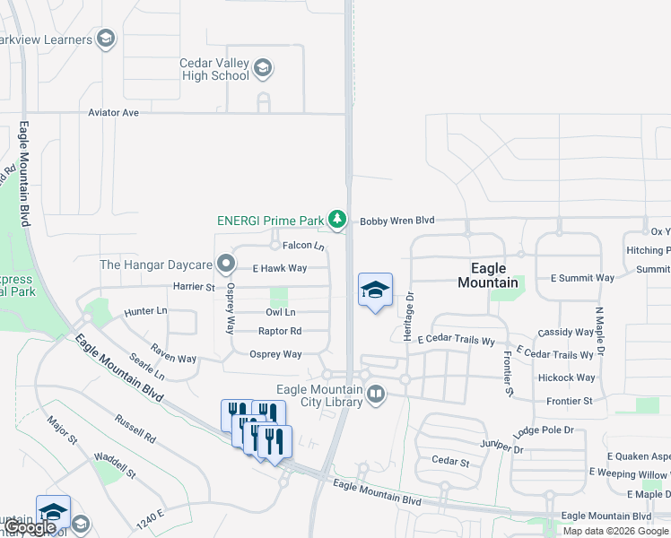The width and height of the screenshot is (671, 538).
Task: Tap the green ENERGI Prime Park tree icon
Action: [336, 219]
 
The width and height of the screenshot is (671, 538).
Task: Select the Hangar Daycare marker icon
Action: [226, 265]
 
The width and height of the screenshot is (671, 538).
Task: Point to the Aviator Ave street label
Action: [114, 113]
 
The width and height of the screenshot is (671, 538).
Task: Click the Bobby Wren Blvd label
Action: [397, 220]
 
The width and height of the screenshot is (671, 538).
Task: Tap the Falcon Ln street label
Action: [303, 246]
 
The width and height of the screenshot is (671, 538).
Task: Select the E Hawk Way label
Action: [280, 268]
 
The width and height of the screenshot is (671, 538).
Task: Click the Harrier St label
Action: [195, 287]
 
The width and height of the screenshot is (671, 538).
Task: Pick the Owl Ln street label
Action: [280, 312]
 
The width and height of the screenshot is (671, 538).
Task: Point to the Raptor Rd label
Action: [280, 331]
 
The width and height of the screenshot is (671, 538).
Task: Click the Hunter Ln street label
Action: [146, 310]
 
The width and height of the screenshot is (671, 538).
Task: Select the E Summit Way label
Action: [582, 278]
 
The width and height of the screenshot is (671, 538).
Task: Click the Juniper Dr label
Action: [500, 444]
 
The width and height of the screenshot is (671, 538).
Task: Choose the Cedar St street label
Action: [450, 462]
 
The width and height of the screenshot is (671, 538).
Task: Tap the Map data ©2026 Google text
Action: [615, 531]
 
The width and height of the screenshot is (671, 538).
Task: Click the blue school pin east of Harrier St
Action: [376, 290]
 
